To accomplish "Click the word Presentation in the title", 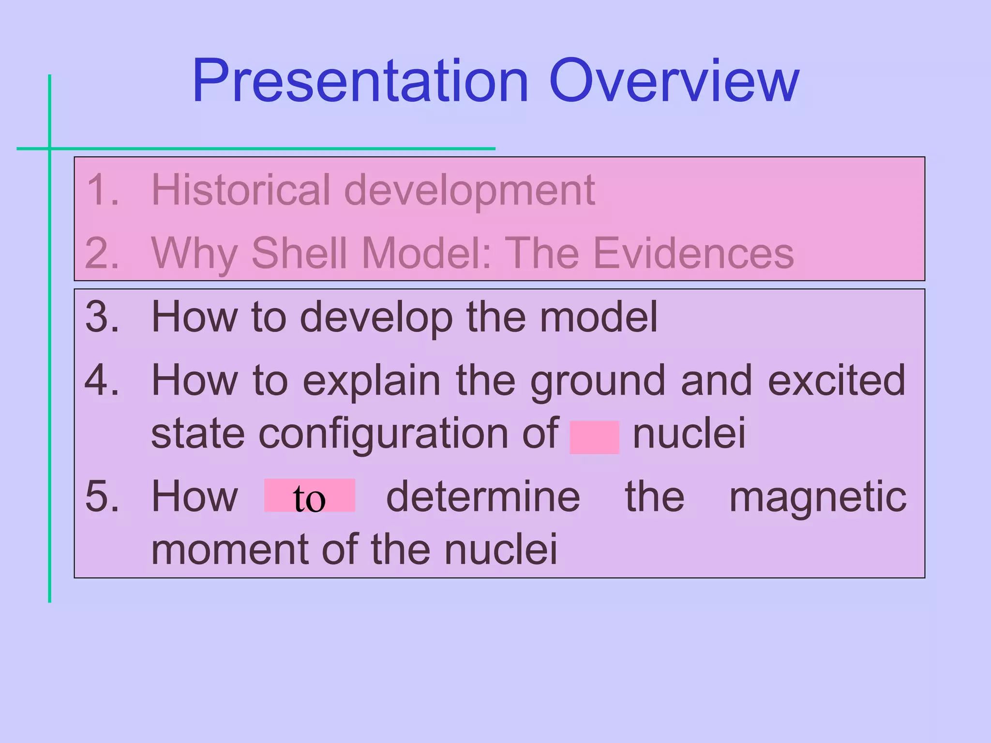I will (360, 81).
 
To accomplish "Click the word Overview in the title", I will (674, 81).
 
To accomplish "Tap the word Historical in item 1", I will (240, 190).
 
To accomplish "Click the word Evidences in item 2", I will (693, 253).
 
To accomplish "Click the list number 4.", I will (102, 381).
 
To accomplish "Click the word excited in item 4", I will (836, 381).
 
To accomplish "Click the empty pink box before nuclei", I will (594, 437).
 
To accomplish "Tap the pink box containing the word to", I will (309, 496).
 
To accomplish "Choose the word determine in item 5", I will (483, 497).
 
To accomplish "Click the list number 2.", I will (102, 253).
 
